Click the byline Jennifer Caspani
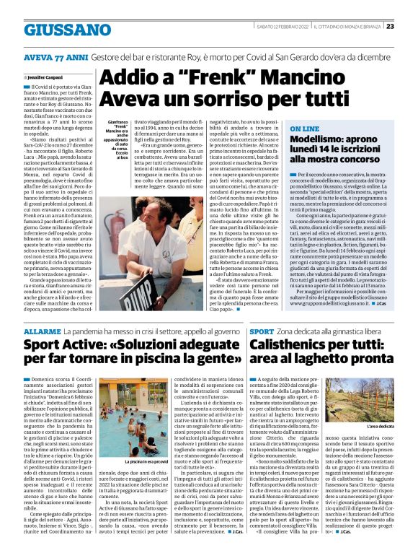(x=45, y=76)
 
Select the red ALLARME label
(x=37, y=330)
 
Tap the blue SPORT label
(x=261, y=330)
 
